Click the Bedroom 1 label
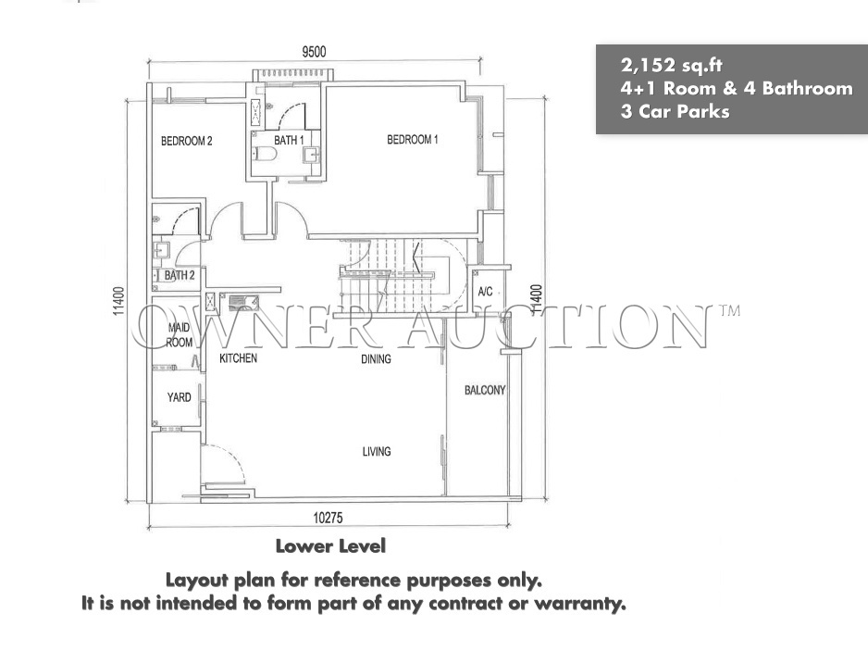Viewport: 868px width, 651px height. [413, 140]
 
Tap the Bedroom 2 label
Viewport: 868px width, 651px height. [187, 142]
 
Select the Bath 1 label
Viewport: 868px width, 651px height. [289, 141]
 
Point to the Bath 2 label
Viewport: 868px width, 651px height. [180, 275]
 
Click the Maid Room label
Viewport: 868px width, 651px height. [180, 334]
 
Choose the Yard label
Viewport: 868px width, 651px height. [179, 397]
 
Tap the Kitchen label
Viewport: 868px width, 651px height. [238, 358]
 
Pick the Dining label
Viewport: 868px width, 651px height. [376, 359]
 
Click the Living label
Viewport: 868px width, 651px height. [377, 452]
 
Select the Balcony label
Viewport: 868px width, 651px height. [485, 390]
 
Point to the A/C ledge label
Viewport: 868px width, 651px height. [485, 292]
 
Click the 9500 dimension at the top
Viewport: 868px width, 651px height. [314, 52]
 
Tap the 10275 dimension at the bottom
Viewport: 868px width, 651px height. [328, 518]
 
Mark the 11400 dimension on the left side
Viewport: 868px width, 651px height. [119, 301]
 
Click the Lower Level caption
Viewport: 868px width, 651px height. [330, 546]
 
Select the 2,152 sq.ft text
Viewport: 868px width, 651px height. [672, 66]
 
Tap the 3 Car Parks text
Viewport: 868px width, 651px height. [675, 111]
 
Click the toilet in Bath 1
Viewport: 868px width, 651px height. [266, 154]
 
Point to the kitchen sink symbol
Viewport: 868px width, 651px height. [244, 303]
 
